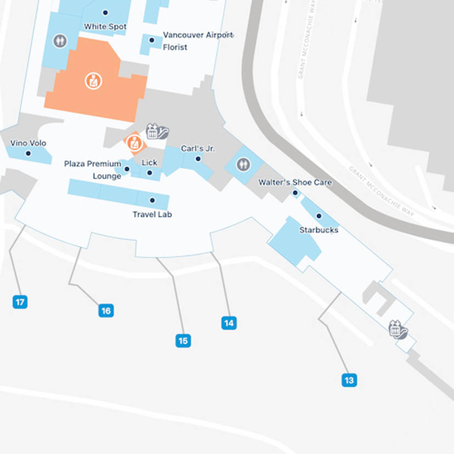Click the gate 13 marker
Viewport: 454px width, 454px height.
[349, 379]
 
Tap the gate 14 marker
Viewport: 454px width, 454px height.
[229, 323]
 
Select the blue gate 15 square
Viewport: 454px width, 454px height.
[183, 340]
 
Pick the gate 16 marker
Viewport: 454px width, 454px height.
[106, 311]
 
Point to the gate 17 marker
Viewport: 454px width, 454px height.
[20, 302]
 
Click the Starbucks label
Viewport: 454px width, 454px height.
[319, 230]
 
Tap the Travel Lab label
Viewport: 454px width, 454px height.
[152, 214]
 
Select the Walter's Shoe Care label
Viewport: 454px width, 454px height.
[295, 182]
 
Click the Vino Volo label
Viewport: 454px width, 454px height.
[28, 143]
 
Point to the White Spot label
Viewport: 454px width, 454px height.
[105, 26]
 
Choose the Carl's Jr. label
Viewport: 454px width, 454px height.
[198, 149]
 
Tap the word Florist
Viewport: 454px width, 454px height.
[175, 47]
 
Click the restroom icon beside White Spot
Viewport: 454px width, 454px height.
[59, 41]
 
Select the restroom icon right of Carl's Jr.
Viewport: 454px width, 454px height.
[243, 164]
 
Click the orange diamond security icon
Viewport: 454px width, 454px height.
[134, 144]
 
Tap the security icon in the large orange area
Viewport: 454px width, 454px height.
[93, 81]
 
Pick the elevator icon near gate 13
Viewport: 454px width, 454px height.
[398, 330]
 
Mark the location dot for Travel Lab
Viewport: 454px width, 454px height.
[152, 201]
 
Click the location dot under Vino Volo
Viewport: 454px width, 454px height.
[28, 154]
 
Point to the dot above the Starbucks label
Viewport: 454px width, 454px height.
[319, 216]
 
